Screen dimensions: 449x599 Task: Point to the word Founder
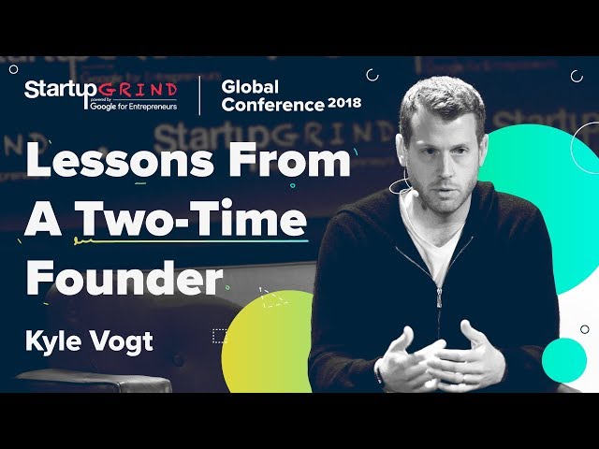(124, 278)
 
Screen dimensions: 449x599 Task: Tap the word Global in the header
(251, 86)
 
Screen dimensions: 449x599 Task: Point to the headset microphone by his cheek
(404, 184)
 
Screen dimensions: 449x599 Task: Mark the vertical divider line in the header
(199, 97)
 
